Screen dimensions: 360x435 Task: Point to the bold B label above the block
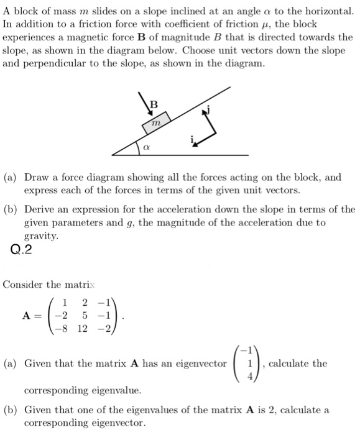(154, 103)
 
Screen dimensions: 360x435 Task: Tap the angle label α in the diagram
(145, 148)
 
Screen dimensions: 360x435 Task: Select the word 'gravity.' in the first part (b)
(40, 236)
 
